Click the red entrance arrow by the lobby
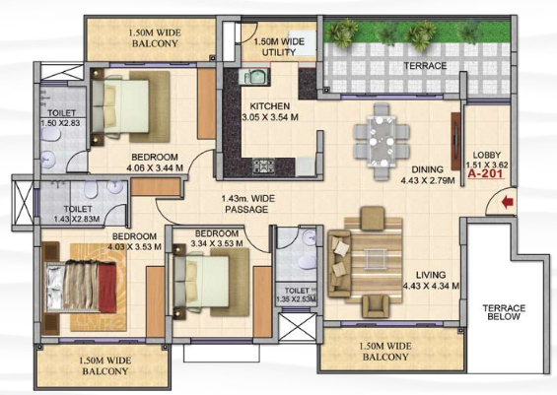click(508, 203)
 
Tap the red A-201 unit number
click(486, 174)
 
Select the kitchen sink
click(254, 76)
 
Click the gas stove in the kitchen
click(262, 166)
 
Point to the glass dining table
click(382, 142)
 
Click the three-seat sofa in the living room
click(339, 263)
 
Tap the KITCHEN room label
click(269, 106)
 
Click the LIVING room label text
click(431, 275)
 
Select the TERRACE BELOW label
click(504, 312)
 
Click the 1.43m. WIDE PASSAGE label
click(248, 204)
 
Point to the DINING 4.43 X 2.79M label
click(428, 175)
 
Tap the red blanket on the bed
click(107, 288)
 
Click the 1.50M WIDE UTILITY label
click(279, 47)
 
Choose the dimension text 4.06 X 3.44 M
click(155, 167)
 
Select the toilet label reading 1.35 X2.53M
click(297, 299)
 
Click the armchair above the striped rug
click(373, 219)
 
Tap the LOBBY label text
click(487, 155)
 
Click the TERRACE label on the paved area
click(425, 66)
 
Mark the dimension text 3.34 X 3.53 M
click(217, 244)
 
